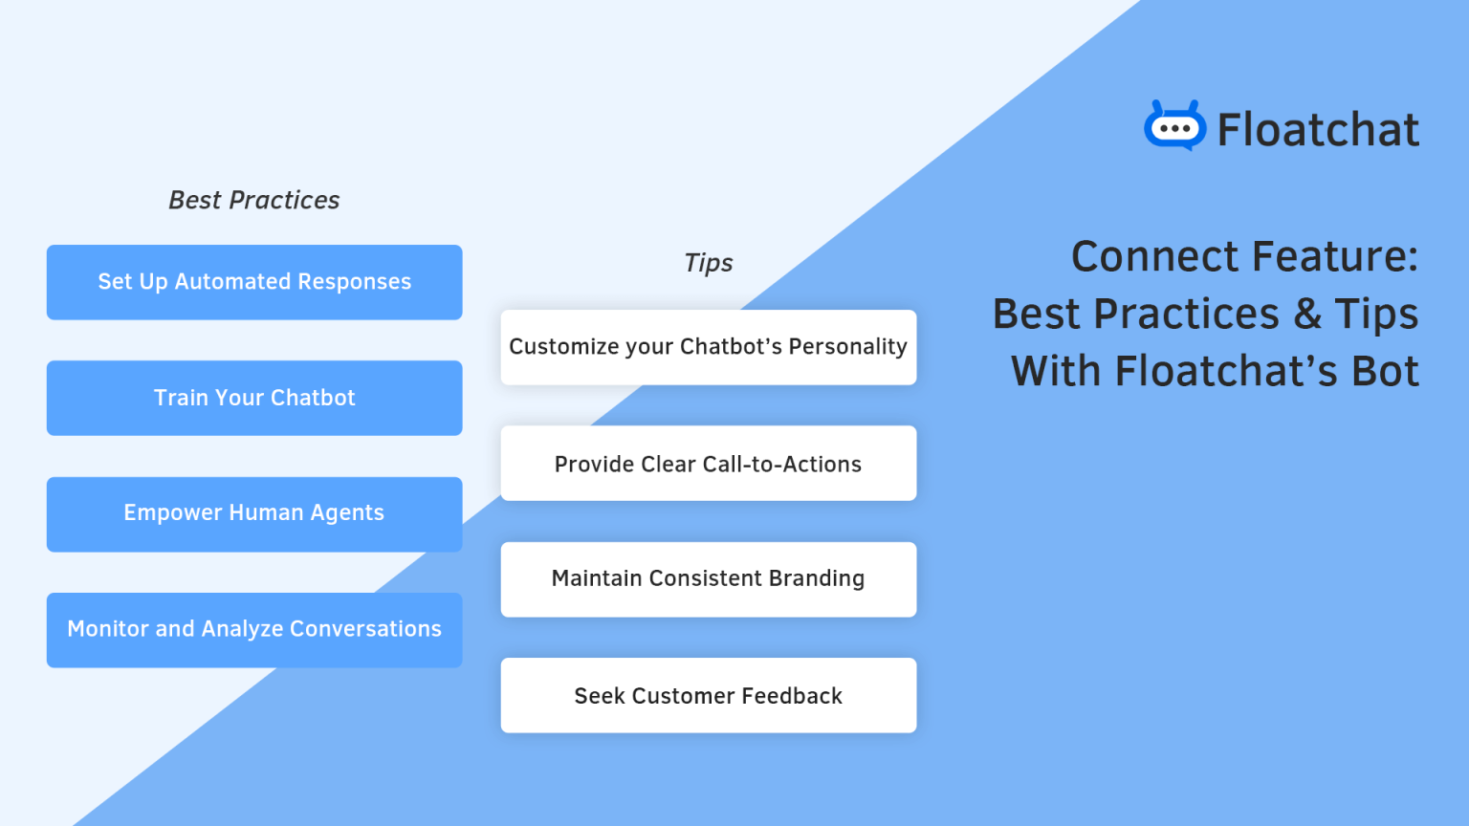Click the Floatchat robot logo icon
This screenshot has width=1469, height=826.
(x=1174, y=126)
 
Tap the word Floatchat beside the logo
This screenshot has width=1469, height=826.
(x=1318, y=130)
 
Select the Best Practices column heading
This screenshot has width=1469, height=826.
(x=254, y=200)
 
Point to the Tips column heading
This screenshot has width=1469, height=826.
(x=709, y=263)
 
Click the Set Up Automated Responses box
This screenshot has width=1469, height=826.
(x=254, y=282)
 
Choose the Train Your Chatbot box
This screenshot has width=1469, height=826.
(x=254, y=398)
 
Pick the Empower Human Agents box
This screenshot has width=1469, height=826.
(x=254, y=513)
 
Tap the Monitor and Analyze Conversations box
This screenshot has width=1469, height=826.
(x=254, y=629)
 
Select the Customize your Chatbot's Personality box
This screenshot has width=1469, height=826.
(x=709, y=347)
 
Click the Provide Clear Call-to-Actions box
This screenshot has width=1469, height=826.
(x=709, y=464)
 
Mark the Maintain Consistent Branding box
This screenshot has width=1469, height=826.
(x=709, y=579)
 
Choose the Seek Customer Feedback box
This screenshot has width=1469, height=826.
(x=709, y=696)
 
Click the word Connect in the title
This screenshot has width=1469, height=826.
(x=1155, y=256)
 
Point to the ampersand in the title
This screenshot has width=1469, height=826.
(x=1307, y=314)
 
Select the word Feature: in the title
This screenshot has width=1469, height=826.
(x=1335, y=256)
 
